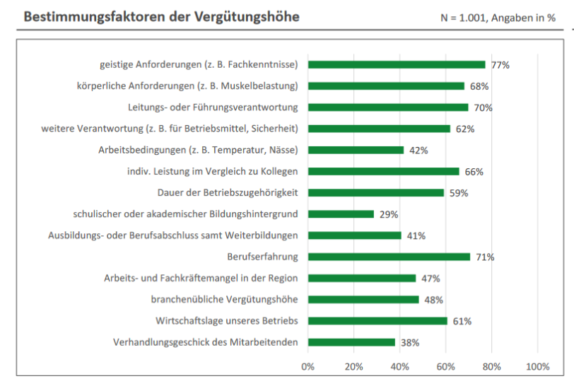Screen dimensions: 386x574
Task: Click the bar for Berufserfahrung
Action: point(389,257)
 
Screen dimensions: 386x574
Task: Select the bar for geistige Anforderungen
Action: point(396,64)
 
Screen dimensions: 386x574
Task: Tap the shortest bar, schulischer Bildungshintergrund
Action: point(341,214)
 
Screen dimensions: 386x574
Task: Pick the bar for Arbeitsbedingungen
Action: point(356,150)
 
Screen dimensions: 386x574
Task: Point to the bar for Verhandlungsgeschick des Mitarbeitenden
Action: point(351,342)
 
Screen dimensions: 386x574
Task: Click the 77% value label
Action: point(500,65)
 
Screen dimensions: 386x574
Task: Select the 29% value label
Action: point(389,214)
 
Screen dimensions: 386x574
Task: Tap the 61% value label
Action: point(462,321)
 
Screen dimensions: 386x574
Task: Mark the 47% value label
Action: point(430,279)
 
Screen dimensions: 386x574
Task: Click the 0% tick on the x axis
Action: point(308,366)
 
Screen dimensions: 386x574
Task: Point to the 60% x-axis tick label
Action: point(446,366)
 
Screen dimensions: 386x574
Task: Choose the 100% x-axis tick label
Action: point(538,366)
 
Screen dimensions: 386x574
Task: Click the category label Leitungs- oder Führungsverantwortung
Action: point(213,107)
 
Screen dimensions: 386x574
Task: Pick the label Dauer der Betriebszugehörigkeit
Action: point(227,192)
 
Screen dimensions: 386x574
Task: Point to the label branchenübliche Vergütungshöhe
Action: point(224,300)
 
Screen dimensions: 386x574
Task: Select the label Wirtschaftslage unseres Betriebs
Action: point(226,321)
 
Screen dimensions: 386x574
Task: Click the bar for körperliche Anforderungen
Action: point(386,86)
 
